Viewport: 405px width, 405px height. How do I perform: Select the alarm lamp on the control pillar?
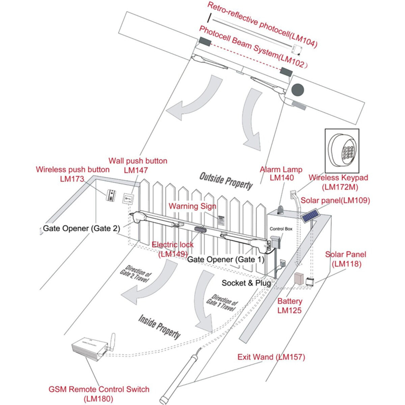pyautogui.click(x=281, y=210)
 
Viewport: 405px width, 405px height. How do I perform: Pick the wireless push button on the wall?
pyautogui.click(x=111, y=196)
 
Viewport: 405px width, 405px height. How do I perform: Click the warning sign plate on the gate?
pyautogui.click(x=221, y=220)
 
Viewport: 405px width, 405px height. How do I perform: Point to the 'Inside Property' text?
pyautogui.click(x=159, y=327)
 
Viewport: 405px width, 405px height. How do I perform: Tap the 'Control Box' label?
pyautogui.click(x=281, y=229)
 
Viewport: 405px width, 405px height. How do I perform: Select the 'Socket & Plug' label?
pyautogui.click(x=246, y=283)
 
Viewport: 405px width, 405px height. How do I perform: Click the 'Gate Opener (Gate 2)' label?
pyautogui.click(x=81, y=228)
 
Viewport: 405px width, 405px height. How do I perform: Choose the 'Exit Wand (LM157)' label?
pyautogui.click(x=271, y=357)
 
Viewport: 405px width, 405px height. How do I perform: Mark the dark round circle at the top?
pyautogui.click(x=298, y=89)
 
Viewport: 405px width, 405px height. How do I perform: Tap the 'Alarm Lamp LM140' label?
pyautogui.click(x=281, y=173)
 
